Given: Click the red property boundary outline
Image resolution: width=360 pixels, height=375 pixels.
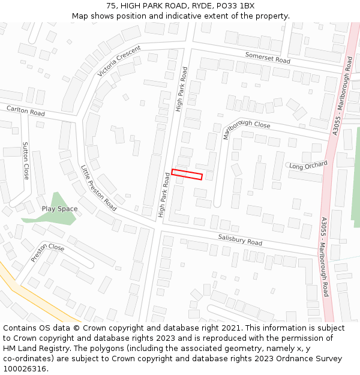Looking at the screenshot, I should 187,175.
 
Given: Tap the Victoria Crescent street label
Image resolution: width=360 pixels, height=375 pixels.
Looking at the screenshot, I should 119,61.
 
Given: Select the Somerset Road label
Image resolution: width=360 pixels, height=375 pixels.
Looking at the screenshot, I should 268,58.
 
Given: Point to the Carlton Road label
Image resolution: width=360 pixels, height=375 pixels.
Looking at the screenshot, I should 25,112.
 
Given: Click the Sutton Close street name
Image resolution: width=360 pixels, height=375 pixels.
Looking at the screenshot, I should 25,161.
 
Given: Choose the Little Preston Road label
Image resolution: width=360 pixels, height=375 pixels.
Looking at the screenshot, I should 98,187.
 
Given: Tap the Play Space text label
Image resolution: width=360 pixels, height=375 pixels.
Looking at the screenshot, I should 59,209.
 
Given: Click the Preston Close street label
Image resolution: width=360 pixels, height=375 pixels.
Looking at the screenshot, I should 47,253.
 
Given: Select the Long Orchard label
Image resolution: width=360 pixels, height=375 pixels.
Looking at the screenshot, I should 308,165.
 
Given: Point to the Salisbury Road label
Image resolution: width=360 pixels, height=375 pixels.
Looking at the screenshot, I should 240,240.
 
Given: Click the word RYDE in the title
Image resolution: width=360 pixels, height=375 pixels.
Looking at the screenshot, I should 201,5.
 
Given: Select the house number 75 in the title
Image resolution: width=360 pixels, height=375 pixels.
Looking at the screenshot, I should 112,5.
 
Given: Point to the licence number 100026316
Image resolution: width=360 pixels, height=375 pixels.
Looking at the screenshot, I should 25,369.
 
